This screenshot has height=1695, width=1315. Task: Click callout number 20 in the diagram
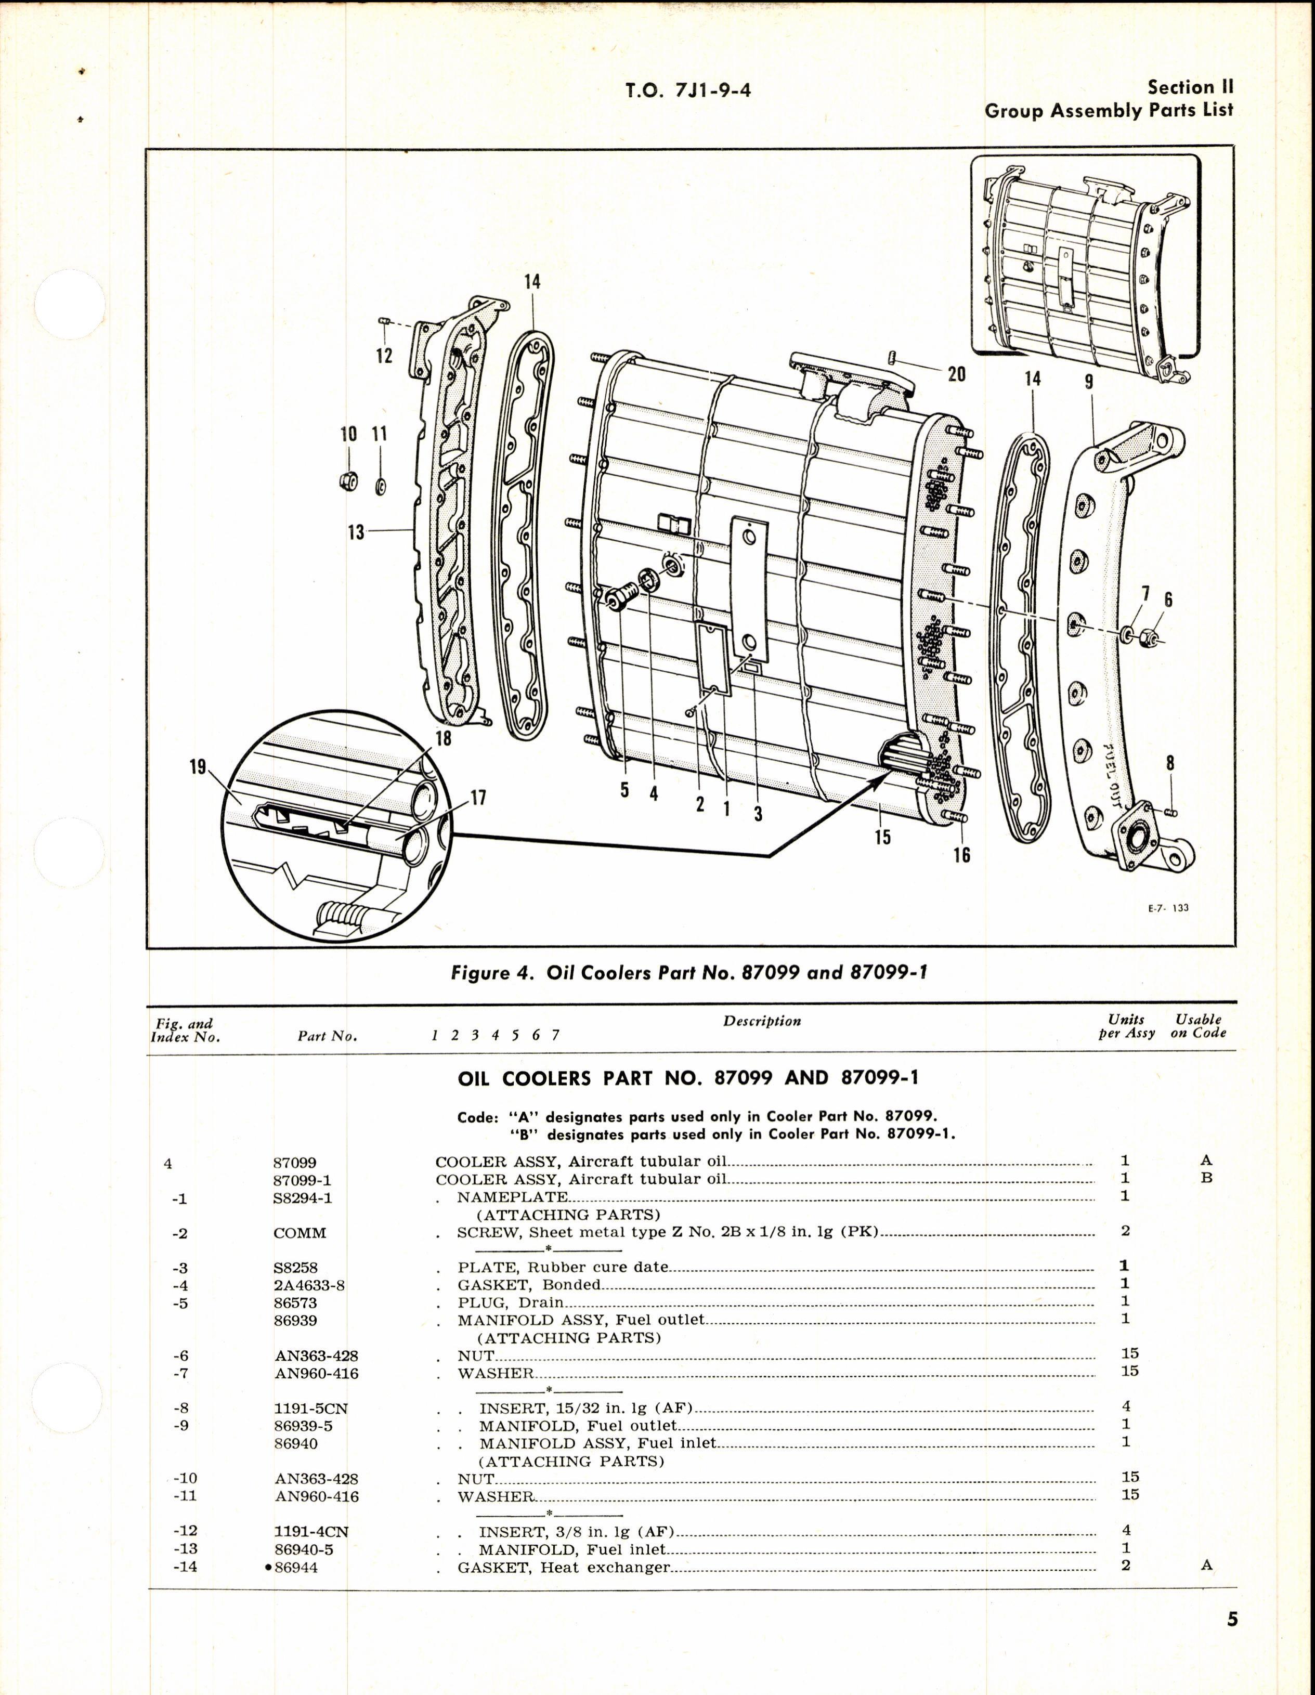pyautogui.click(x=956, y=374)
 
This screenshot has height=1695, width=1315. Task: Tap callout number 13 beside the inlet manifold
pyautogui.click(x=356, y=532)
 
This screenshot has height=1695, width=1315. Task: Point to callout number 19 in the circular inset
pyautogui.click(x=198, y=767)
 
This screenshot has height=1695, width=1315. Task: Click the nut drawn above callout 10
pyautogui.click(x=348, y=481)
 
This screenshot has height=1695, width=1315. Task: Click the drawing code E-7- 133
pyautogui.click(x=1168, y=908)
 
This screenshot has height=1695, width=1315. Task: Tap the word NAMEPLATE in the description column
pyautogui.click(x=512, y=1197)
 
